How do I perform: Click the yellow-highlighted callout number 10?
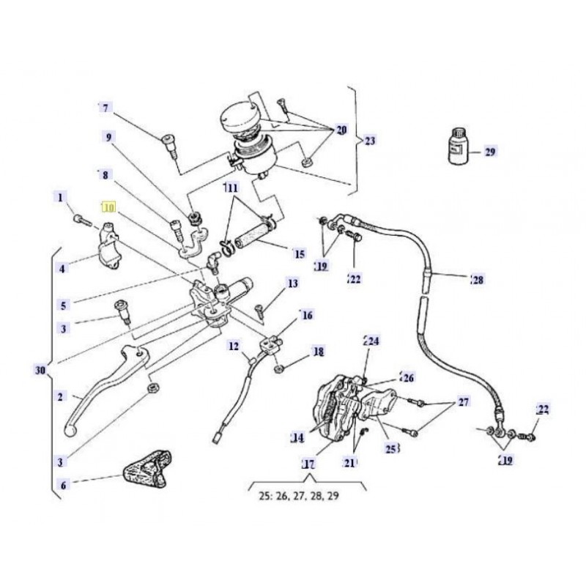click(x=108, y=208)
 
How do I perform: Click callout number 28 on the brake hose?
click(x=478, y=279)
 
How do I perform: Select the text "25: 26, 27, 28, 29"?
click(x=298, y=495)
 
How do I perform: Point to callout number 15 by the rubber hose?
click(x=299, y=254)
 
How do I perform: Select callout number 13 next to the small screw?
click(x=293, y=283)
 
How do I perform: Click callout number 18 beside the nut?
click(x=318, y=352)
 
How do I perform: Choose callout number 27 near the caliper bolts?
click(x=463, y=402)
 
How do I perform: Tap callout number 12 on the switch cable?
click(x=234, y=346)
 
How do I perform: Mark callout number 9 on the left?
click(x=109, y=137)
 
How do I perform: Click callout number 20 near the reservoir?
click(x=341, y=130)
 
